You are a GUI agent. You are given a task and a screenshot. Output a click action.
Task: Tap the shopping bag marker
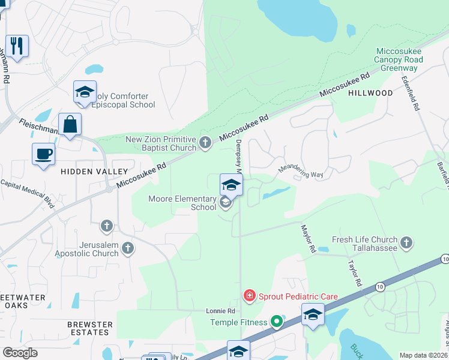pyautogui.click(x=70, y=124)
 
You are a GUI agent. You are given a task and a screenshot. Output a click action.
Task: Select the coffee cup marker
pyautogui.click(x=43, y=154)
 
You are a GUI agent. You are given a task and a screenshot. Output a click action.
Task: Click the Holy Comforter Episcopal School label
pyautogui.click(x=124, y=100)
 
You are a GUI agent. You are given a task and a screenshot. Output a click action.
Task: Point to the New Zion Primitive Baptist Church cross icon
pyautogui.click(x=205, y=143)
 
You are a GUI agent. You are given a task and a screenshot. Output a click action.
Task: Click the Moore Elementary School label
pyautogui.click(x=182, y=203)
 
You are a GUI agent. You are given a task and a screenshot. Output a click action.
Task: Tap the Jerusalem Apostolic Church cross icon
pyautogui.click(x=127, y=247)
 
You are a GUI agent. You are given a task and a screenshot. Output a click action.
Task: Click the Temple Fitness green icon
pyautogui.click(x=276, y=322)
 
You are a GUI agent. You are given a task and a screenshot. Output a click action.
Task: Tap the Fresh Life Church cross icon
pyautogui.click(x=406, y=242)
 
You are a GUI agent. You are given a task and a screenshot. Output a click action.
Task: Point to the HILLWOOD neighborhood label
pyautogui.click(x=371, y=93)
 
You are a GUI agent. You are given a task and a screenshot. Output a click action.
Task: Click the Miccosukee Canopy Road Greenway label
pyautogui.click(x=399, y=60)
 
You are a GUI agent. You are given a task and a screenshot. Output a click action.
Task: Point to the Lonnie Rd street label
pyautogui.click(x=220, y=311)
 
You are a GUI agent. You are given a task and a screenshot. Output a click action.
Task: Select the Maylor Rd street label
pyautogui.click(x=308, y=237)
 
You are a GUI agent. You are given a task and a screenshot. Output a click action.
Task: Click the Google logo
pyautogui.click(x=20, y=352)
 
